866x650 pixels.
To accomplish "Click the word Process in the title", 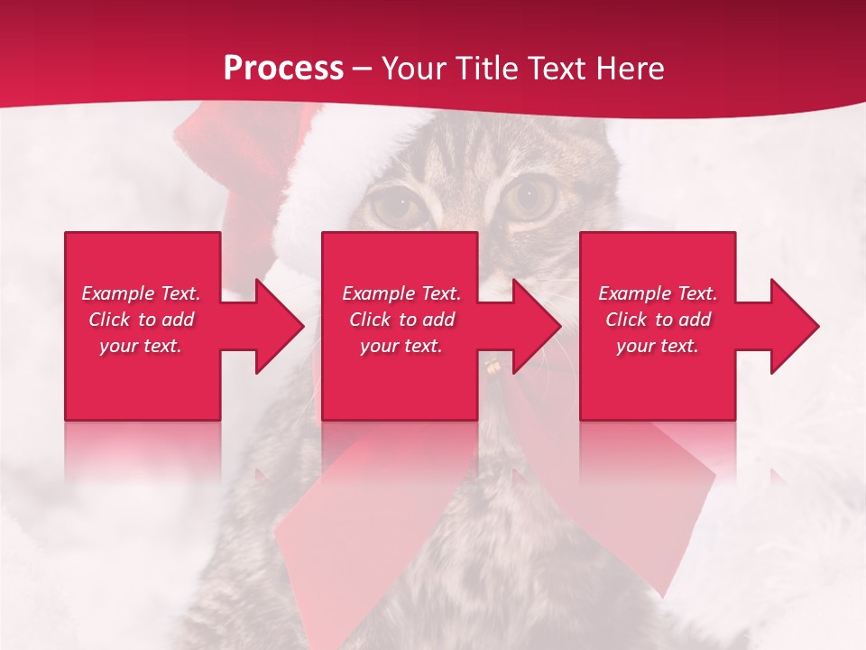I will [x=283, y=69].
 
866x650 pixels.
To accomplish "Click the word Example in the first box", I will [x=118, y=293].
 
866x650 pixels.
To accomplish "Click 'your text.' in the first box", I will [x=141, y=346].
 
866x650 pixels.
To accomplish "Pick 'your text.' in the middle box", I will [x=401, y=346].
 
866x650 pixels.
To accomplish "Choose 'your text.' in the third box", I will [x=658, y=346].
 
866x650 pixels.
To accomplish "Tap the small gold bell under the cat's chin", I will [x=493, y=367].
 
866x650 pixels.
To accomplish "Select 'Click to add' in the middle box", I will [x=401, y=320].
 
